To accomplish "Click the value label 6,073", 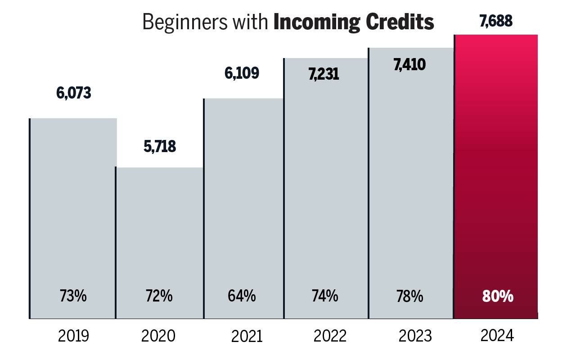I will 73,93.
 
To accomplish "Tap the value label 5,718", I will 160,147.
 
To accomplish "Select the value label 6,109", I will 242,73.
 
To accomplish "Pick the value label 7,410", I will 409,65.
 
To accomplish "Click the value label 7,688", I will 496,21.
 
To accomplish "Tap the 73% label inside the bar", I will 73,297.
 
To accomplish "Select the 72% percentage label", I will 159,297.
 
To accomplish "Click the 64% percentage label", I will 242,297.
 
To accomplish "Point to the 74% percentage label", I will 324,297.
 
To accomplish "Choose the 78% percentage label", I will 409,297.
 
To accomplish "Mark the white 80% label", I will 498,297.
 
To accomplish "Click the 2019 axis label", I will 73,336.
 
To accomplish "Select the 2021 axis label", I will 247,336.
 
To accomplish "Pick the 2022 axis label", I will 330,336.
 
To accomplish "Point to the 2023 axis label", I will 415,336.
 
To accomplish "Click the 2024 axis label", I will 497,336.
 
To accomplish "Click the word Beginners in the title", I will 178,22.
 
